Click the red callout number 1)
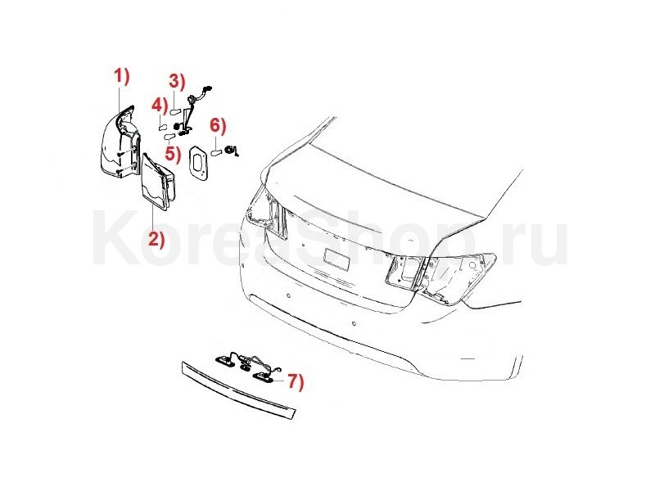click(x=122, y=77)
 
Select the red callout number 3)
click(x=177, y=82)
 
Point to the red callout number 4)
click(x=159, y=105)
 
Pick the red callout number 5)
click(x=173, y=153)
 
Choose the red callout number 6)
click(x=218, y=125)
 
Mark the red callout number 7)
click(x=296, y=381)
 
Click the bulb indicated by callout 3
click(x=174, y=111)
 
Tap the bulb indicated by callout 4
click(x=162, y=127)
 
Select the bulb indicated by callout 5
click(x=169, y=137)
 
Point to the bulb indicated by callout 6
click(x=215, y=152)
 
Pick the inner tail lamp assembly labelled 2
click(x=158, y=182)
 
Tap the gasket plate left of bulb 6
click(x=198, y=163)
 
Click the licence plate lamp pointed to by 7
click(x=263, y=376)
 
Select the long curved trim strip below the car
click(x=238, y=390)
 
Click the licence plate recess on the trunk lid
click(x=337, y=259)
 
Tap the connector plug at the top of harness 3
click(x=207, y=89)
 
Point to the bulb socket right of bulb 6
click(x=230, y=150)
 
